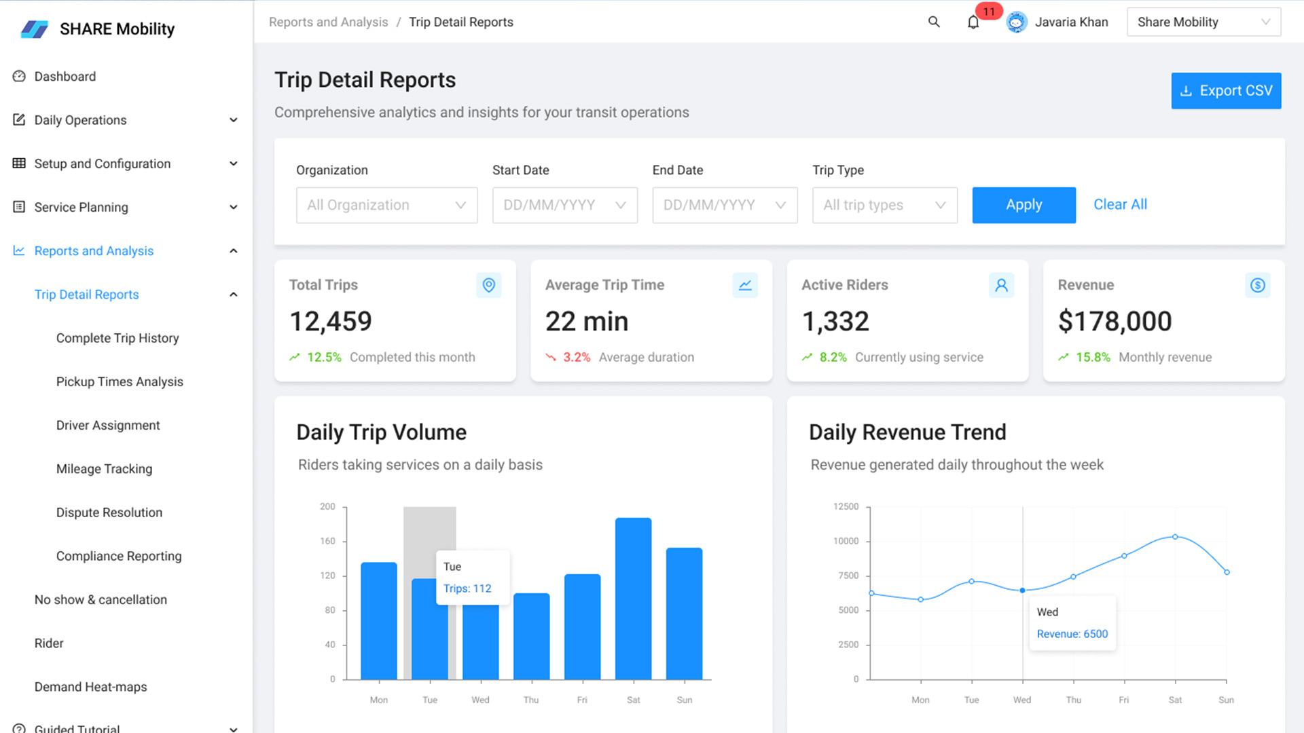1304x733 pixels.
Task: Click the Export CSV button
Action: (x=1226, y=91)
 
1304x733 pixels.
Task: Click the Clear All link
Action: (x=1120, y=204)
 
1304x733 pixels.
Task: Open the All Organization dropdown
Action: (x=386, y=205)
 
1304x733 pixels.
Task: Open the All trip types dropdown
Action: (x=884, y=205)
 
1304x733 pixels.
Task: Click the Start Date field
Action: (x=564, y=205)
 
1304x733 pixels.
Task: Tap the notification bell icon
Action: (x=973, y=22)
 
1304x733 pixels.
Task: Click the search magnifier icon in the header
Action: (x=934, y=22)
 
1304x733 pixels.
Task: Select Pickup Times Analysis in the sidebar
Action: (x=120, y=381)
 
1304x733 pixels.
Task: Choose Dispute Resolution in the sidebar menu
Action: (x=109, y=512)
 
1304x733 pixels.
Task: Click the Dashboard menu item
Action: (x=65, y=77)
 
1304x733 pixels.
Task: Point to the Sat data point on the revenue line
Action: (x=1175, y=537)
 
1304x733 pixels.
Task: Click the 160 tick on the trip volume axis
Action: (x=327, y=541)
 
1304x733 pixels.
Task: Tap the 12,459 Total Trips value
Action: (x=331, y=322)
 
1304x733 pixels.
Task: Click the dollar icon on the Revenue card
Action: (x=1257, y=285)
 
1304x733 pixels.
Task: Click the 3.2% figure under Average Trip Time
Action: (x=577, y=358)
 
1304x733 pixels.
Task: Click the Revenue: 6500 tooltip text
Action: (x=1072, y=634)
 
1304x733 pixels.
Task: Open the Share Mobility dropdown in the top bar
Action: (x=1203, y=22)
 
